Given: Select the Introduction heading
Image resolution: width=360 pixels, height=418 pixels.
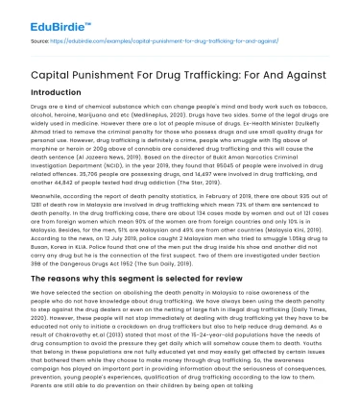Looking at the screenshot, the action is point(46,83).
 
